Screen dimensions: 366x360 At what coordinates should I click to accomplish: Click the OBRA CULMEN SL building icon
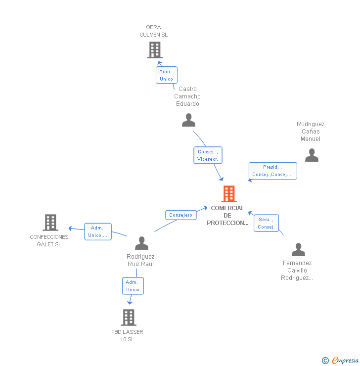pos(155,50)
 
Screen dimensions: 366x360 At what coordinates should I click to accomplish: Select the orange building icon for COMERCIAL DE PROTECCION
pos(229,194)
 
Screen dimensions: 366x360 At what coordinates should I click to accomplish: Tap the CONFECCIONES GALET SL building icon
pos(50,223)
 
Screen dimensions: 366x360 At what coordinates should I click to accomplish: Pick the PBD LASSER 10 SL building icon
pos(129,318)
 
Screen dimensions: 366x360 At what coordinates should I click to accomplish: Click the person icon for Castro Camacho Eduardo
pos(188,120)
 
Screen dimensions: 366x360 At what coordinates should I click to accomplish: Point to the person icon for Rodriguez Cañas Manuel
pos(312,155)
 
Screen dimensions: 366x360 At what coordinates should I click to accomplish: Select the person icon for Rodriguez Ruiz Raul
pos(142,243)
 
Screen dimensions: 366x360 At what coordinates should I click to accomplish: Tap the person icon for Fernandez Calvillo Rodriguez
pos(298,249)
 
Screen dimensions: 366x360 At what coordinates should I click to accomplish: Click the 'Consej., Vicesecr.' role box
pos(208,155)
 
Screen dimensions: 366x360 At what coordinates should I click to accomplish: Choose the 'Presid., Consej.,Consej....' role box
pos(272,171)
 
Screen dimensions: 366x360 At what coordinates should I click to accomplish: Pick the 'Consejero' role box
pos(180,215)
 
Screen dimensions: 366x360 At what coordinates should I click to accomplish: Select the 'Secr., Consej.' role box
pos(267,223)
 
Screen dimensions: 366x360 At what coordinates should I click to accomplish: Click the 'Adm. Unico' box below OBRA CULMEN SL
pos(166,75)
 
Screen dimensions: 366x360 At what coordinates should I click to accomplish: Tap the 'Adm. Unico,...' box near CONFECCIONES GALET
pos(97,231)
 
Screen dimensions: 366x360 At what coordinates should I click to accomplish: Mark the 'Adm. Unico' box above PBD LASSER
pos(133,286)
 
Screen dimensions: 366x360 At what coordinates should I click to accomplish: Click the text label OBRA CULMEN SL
pos(153,31)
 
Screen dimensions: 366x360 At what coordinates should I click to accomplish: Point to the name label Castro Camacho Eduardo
pos(187,96)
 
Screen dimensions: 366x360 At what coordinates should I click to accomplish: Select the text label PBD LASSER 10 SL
pos(127,335)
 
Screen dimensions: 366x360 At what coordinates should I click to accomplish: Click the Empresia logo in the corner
pos(345,361)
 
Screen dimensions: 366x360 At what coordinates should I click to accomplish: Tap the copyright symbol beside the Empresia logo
pos(325,361)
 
